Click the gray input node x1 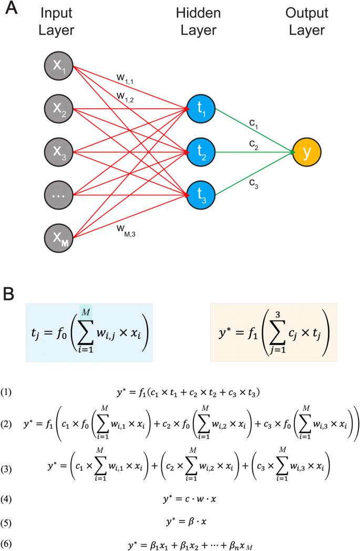click(58, 67)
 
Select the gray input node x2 click(58, 109)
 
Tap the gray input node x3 click(58, 152)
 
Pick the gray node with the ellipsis click(58, 194)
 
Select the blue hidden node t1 click(201, 109)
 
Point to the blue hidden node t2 click(201, 152)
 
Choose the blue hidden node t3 click(201, 194)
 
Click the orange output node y click(307, 152)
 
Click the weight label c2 click(254, 144)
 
